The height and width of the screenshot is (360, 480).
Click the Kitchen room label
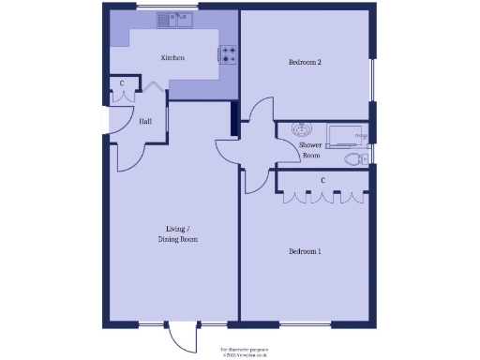(x=172, y=58)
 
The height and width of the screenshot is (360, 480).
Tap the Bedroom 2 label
(x=305, y=63)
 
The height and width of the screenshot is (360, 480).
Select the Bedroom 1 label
(x=305, y=252)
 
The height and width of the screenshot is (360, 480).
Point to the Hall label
(x=146, y=122)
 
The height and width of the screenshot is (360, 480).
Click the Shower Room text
(x=310, y=150)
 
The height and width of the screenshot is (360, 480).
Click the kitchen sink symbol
(x=174, y=19)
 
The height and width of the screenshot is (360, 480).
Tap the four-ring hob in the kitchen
(x=229, y=54)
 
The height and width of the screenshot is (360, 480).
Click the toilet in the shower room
(x=354, y=160)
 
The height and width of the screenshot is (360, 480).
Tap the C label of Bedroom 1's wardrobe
(x=322, y=180)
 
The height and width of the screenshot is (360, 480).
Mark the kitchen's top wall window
(x=165, y=7)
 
